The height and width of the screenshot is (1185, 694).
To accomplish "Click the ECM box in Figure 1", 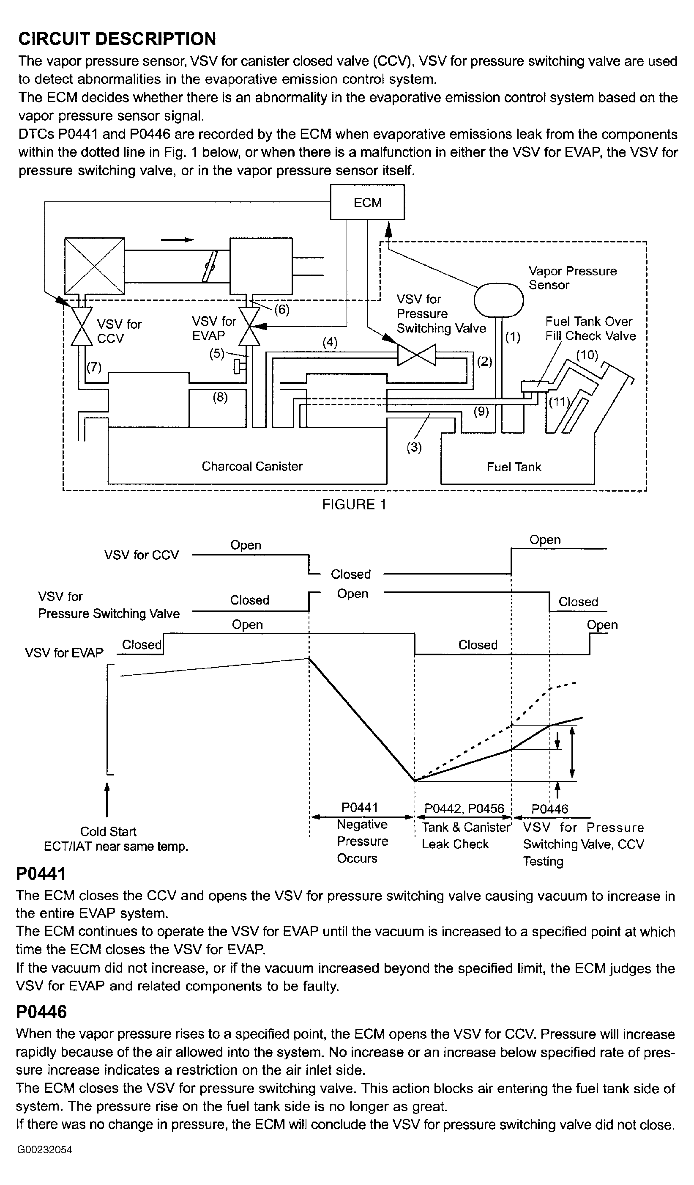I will pos(367,202).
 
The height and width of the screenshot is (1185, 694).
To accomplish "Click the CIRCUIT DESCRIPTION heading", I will pos(117,38).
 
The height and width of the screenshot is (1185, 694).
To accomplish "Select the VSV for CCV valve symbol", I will pos(82,326).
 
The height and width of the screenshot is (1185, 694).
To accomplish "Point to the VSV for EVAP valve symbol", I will pos(249,326).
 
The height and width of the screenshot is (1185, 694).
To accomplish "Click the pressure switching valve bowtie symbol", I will pos(416,355).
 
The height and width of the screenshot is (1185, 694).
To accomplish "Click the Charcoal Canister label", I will pos(252,466).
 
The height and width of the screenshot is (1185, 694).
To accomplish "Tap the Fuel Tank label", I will pos(514,467).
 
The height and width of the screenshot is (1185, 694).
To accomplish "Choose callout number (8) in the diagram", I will pos(220,397).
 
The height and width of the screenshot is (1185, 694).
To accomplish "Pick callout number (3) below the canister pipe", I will pos(413,447).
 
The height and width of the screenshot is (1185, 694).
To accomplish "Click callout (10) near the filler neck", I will pos(587,355).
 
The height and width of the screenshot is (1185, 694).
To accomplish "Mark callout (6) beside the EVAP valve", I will pos(281,309).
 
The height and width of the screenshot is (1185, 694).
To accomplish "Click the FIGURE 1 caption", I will pos(354,505).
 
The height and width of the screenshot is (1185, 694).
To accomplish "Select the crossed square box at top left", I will pos(94,266).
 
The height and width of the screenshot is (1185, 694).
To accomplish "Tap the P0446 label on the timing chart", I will pos(549,809).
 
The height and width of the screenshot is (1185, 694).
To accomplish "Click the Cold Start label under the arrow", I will pos(108,831).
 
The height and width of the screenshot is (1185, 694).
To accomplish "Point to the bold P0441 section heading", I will pos(41,874).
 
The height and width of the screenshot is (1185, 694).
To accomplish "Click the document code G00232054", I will pos(45,1150).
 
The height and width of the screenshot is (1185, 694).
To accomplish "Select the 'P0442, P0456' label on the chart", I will pos(464,809).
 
